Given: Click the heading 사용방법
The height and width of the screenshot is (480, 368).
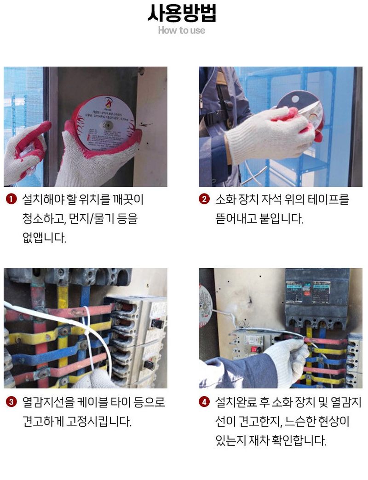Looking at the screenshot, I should (182, 13).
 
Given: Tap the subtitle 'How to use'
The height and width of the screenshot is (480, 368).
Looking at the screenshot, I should (182, 30).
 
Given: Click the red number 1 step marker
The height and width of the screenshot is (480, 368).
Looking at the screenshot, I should (11, 200).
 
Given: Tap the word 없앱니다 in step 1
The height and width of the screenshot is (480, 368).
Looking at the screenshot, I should (44, 238).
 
